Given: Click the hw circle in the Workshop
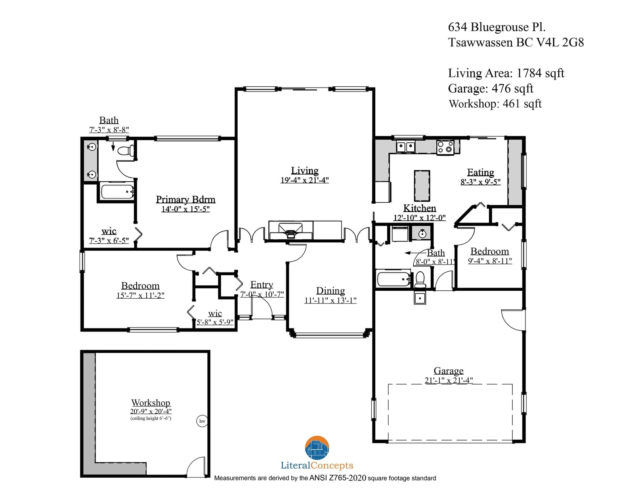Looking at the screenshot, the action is pyautogui.click(x=202, y=421).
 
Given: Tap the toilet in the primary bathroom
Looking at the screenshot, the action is pyautogui.click(x=126, y=151).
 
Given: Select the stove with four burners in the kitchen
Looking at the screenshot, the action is pyautogui.click(x=445, y=147).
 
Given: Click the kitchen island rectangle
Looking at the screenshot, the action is pyautogui.click(x=422, y=186).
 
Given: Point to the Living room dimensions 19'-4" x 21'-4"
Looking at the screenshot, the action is pyautogui.click(x=305, y=180).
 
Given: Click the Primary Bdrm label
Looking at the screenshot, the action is pyautogui.click(x=185, y=200).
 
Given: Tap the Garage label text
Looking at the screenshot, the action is pyautogui.click(x=449, y=371).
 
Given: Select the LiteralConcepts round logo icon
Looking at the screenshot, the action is pyautogui.click(x=317, y=448).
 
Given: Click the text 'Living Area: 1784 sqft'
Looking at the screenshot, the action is pyautogui.click(x=506, y=73).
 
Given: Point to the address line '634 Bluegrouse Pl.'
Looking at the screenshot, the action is pyautogui.click(x=497, y=27).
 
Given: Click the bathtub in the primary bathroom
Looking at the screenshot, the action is pyautogui.click(x=117, y=191).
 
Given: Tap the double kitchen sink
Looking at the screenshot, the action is pyautogui.click(x=405, y=147).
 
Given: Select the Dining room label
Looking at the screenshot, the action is pyautogui.click(x=330, y=291).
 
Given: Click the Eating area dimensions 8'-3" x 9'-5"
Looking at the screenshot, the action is pyautogui.click(x=481, y=182).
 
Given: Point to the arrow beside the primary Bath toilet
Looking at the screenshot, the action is pyautogui.click(x=113, y=147).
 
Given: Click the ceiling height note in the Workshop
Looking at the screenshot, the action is pyautogui.click(x=151, y=418).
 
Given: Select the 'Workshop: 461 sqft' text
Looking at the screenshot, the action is pyautogui.click(x=495, y=104).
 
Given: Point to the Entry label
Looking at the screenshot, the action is pyautogui.click(x=262, y=285).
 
